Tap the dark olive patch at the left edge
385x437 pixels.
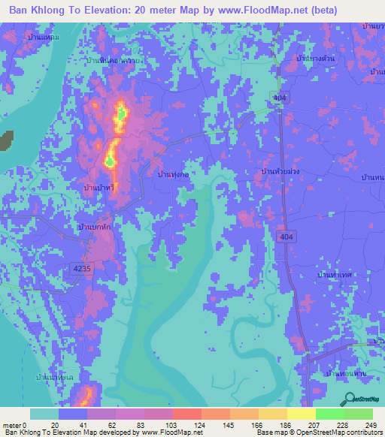coord(6,140)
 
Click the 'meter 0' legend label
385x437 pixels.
coord(14,425)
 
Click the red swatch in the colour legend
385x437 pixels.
coord(186,414)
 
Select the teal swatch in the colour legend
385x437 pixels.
coord(44,414)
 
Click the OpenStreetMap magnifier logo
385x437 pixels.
coord(349,399)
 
